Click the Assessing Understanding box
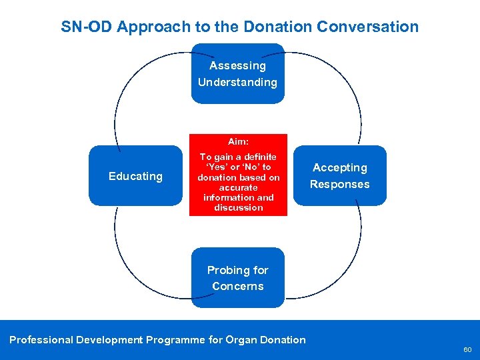tap(237, 74)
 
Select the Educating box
tap(135, 176)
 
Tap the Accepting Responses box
tap(340, 176)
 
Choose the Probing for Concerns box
tap(237, 278)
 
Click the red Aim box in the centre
tap(238, 175)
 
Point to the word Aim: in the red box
tap(238, 142)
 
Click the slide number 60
tap(467, 349)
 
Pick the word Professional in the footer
tap(41, 340)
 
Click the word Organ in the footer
tap(243, 340)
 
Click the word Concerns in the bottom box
tap(238, 287)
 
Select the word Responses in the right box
tap(340, 185)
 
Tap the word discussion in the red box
tap(238, 208)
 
